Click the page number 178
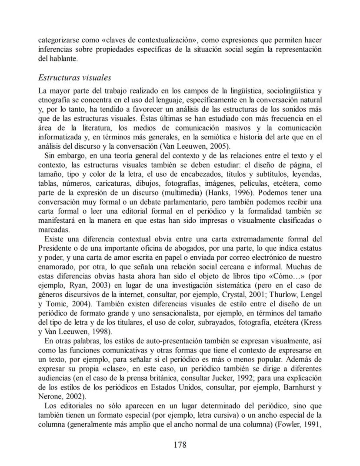coord(180,444)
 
